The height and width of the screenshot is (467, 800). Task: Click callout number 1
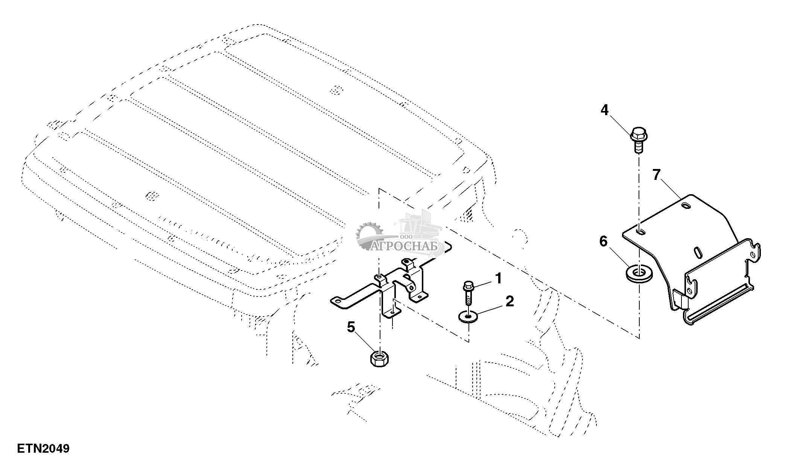pos(498,279)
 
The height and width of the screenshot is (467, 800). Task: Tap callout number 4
pos(604,110)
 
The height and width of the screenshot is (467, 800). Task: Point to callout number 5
pos(351,327)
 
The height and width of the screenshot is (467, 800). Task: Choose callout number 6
pos(603,241)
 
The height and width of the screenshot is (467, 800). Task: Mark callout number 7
pos(657,175)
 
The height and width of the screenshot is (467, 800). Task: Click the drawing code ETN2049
pos(43,449)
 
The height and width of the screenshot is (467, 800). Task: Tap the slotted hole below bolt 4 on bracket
pos(640,232)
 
